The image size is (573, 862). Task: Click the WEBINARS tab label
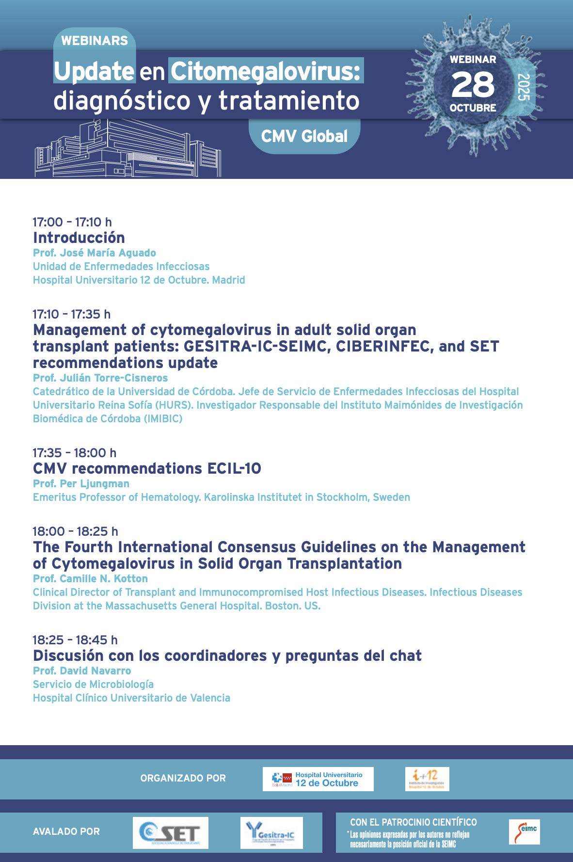tap(95, 41)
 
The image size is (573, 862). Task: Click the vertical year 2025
tap(524, 87)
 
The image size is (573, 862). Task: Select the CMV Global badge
tap(304, 136)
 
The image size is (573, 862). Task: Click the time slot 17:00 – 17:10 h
tap(72, 222)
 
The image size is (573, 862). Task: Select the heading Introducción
tap(79, 238)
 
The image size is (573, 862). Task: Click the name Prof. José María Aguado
tap(95, 253)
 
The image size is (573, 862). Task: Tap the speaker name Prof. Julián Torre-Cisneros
tap(100, 378)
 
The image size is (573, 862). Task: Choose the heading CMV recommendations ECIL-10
tap(147, 468)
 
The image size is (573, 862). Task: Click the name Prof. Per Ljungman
tap(81, 483)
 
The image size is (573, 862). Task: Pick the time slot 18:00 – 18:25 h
tap(75, 531)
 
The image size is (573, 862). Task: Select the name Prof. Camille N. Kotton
tap(90, 578)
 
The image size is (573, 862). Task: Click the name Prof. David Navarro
tap(82, 670)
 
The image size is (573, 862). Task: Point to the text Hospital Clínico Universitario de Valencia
tap(131, 698)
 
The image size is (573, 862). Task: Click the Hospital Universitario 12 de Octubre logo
tap(318, 779)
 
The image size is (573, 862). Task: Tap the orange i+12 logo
tap(427, 779)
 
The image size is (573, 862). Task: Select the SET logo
tap(171, 833)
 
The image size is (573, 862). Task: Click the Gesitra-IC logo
tap(271, 833)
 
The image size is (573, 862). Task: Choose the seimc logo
tap(524, 832)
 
